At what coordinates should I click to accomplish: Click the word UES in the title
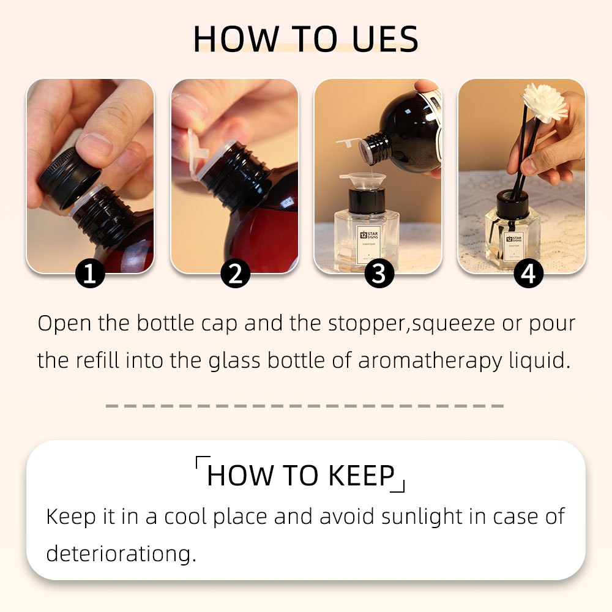tap(385, 39)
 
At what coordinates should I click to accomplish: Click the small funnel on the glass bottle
tap(362, 181)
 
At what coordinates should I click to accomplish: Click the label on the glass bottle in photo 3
tap(368, 244)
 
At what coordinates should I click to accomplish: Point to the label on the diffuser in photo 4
tap(513, 245)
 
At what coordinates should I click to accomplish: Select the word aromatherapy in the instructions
tap(430, 360)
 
